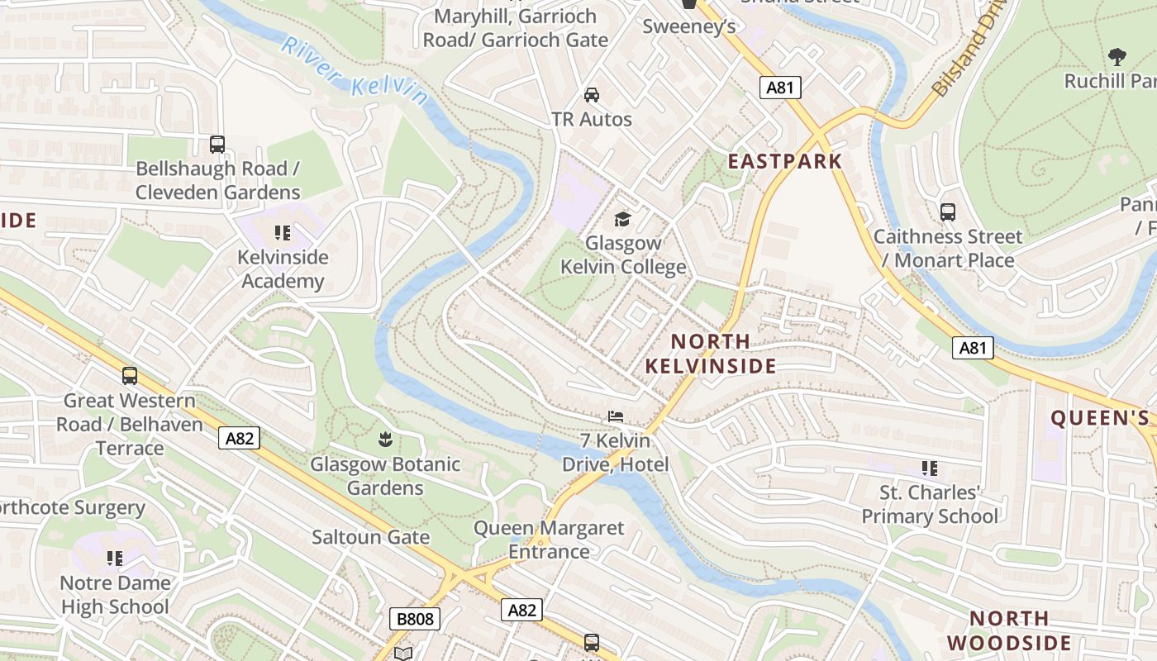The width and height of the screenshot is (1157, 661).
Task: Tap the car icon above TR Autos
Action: point(592,94)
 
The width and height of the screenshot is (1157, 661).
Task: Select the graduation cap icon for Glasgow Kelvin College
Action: point(622,219)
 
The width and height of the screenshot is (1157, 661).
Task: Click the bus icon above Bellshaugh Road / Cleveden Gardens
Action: point(217,145)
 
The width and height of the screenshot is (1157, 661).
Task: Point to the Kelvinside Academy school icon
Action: point(283,233)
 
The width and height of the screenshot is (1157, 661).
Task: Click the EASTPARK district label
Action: point(784,161)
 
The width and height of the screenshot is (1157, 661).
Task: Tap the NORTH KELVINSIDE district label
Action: point(710,354)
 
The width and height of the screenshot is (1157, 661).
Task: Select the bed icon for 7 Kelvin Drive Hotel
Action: point(615,416)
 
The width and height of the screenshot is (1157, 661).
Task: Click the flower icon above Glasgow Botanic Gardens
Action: point(384,438)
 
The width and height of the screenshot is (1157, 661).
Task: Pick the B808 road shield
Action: point(415,618)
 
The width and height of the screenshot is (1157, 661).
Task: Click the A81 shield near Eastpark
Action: point(779,88)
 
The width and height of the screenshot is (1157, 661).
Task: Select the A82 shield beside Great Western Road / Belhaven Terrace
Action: point(240,438)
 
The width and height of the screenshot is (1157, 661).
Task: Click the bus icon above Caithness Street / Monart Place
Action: point(948,212)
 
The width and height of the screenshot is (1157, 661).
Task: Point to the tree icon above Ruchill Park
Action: point(1117,57)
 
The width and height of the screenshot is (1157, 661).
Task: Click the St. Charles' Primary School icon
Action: point(930,468)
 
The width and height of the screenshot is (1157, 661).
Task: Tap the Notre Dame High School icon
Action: point(115,559)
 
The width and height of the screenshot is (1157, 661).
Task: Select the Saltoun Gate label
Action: point(370,537)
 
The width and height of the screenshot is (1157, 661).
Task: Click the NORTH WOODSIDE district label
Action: point(1009,630)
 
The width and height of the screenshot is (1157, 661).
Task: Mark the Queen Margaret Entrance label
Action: point(549,540)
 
